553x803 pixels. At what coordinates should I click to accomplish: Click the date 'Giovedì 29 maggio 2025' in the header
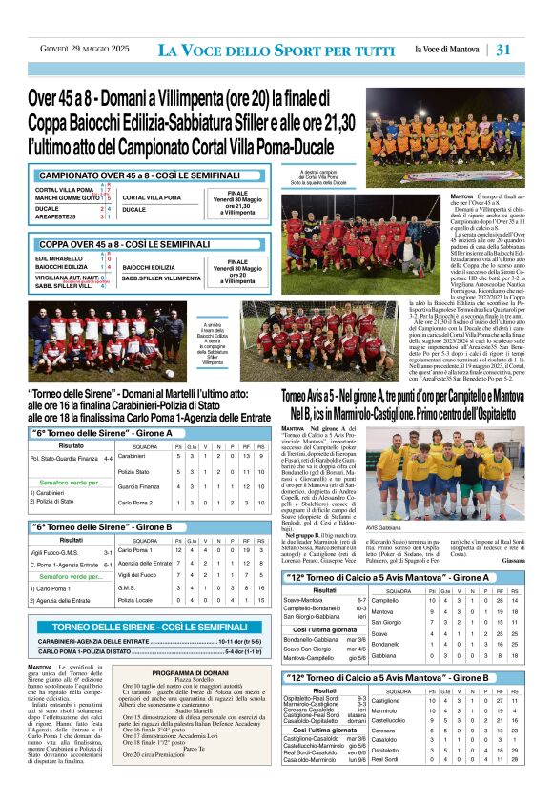click(79, 50)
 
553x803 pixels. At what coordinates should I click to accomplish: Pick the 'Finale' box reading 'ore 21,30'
click(240, 200)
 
